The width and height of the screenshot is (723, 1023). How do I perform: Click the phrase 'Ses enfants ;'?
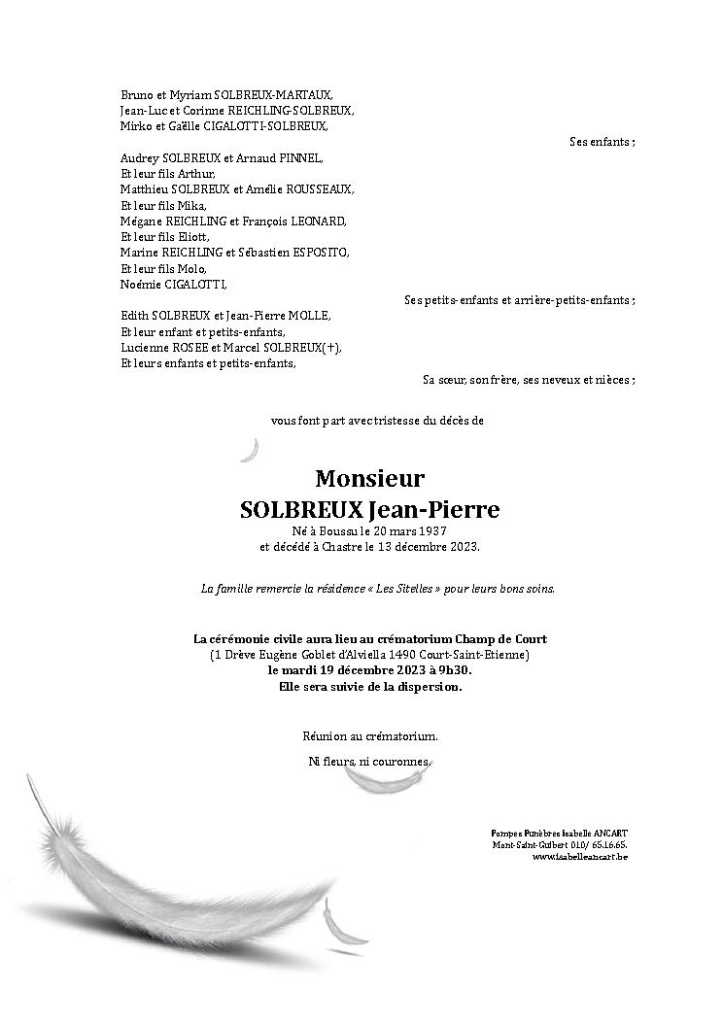pos(602,142)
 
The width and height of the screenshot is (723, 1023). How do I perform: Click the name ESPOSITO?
pos(319,253)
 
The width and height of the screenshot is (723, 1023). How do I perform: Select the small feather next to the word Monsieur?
pos(251,450)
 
